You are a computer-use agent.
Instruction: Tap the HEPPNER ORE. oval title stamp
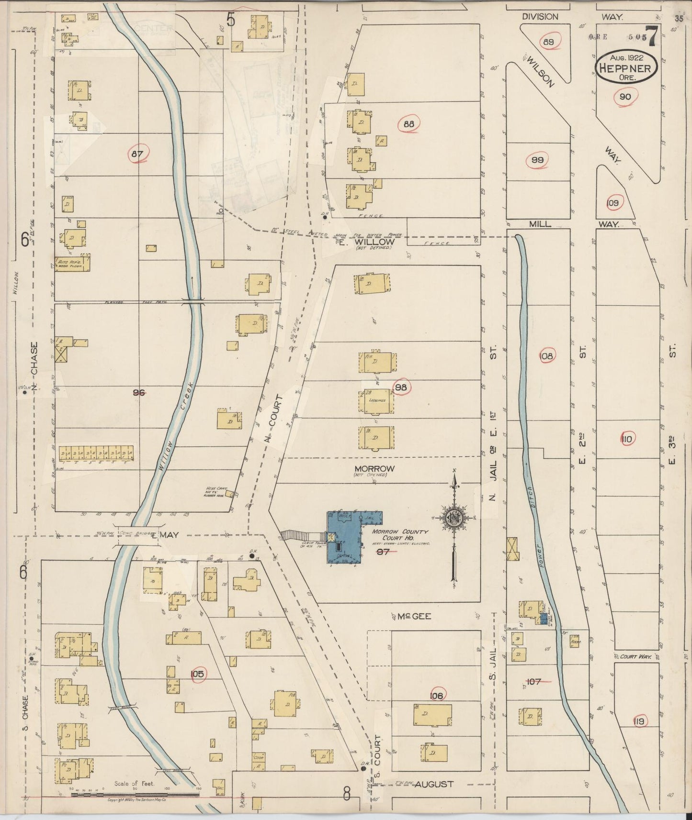(x=625, y=68)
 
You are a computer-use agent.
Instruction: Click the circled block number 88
(x=408, y=124)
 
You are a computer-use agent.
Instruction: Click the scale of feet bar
(x=135, y=795)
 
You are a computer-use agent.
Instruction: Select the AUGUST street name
(x=434, y=784)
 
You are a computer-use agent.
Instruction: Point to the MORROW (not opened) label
(x=374, y=468)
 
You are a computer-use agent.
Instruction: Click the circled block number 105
(x=197, y=674)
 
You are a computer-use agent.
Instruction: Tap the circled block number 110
(x=627, y=439)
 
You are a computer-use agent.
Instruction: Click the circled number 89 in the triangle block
(x=548, y=42)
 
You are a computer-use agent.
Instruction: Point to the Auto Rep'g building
(x=73, y=263)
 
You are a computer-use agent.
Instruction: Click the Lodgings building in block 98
(x=376, y=401)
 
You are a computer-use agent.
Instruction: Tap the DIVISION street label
(x=540, y=17)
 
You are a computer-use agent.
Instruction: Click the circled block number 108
(x=546, y=356)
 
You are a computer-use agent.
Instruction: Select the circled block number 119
(x=638, y=721)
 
